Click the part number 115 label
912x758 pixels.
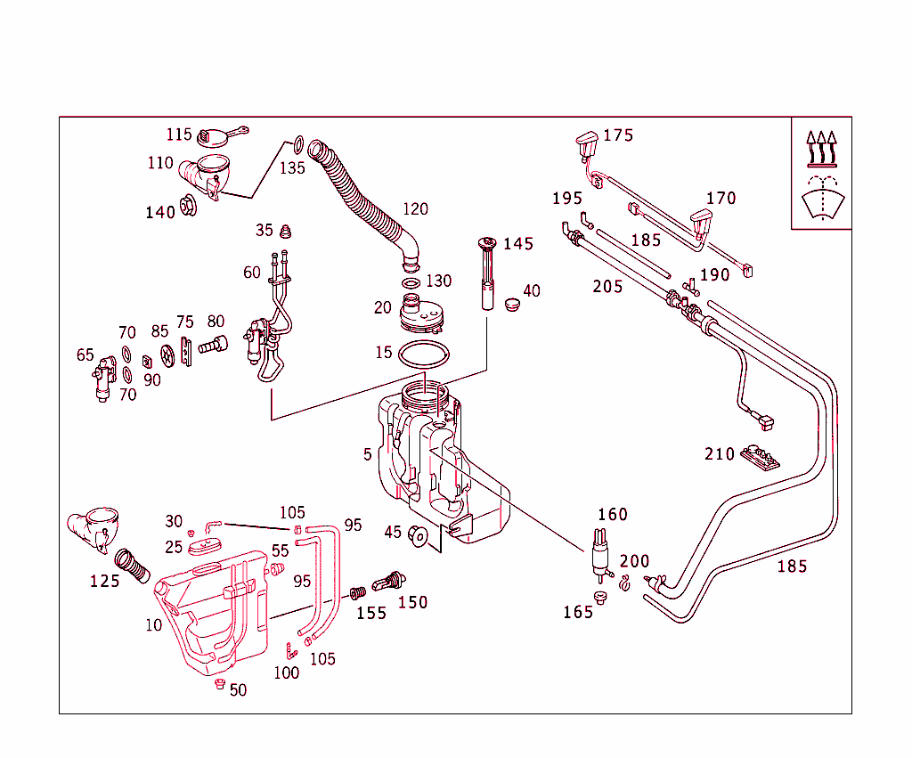coord(179,134)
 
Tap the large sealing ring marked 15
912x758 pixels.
coord(423,354)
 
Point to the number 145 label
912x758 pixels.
coord(518,243)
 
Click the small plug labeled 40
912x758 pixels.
coord(511,305)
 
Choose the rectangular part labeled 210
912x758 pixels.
coord(760,457)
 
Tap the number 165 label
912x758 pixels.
coord(578,612)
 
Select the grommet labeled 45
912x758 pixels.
coord(418,536)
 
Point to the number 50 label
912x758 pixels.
coord(238,690)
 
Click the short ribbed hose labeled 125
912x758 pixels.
coord(134,567)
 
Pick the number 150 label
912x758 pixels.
coord(412,603)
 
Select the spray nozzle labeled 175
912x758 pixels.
coord(585,142)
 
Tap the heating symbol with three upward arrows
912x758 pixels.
coord(821,150)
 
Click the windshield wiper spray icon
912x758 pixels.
coord(821,200)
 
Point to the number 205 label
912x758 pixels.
coord(608,286)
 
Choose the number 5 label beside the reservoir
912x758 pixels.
coord(367,454)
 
